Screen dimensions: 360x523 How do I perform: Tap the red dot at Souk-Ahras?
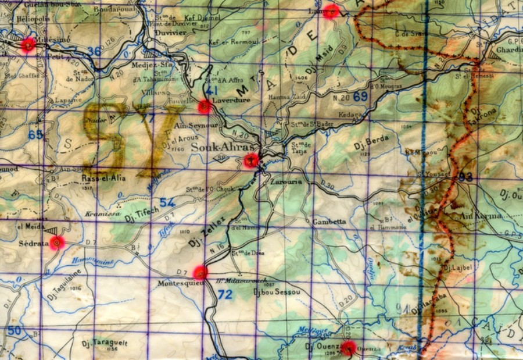click(250, 161)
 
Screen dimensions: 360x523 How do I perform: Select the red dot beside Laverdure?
click(204, 106)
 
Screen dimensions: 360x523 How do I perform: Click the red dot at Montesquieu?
click(200, 272)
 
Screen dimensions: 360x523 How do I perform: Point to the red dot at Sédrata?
click(56, 243)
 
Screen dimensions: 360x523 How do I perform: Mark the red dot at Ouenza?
click(348, 348)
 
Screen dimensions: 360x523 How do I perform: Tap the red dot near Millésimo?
click(27, 45)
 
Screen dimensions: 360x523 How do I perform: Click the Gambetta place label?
click(329, 222)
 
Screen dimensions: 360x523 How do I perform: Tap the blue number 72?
click(225, 295)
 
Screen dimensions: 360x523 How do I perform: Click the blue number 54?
click(167, 202)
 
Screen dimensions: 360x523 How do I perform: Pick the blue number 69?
click(360, 97)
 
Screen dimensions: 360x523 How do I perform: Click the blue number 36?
click(94, 51)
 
